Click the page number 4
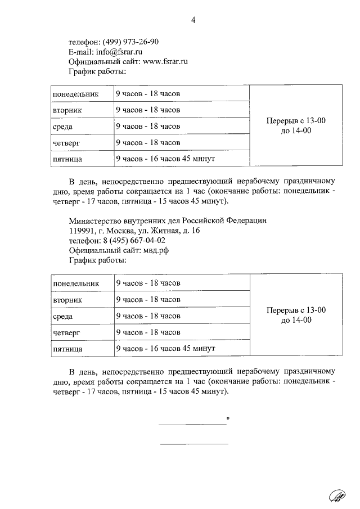point(193,21)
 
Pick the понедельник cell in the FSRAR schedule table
point(75,93)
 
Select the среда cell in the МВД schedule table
point(63,316)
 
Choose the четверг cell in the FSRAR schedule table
point(66,143)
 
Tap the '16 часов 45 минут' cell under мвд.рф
point(165,349)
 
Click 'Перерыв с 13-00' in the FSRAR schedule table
point(296,121)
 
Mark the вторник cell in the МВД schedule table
point(67,300)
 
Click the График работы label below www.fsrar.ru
point(97,72)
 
